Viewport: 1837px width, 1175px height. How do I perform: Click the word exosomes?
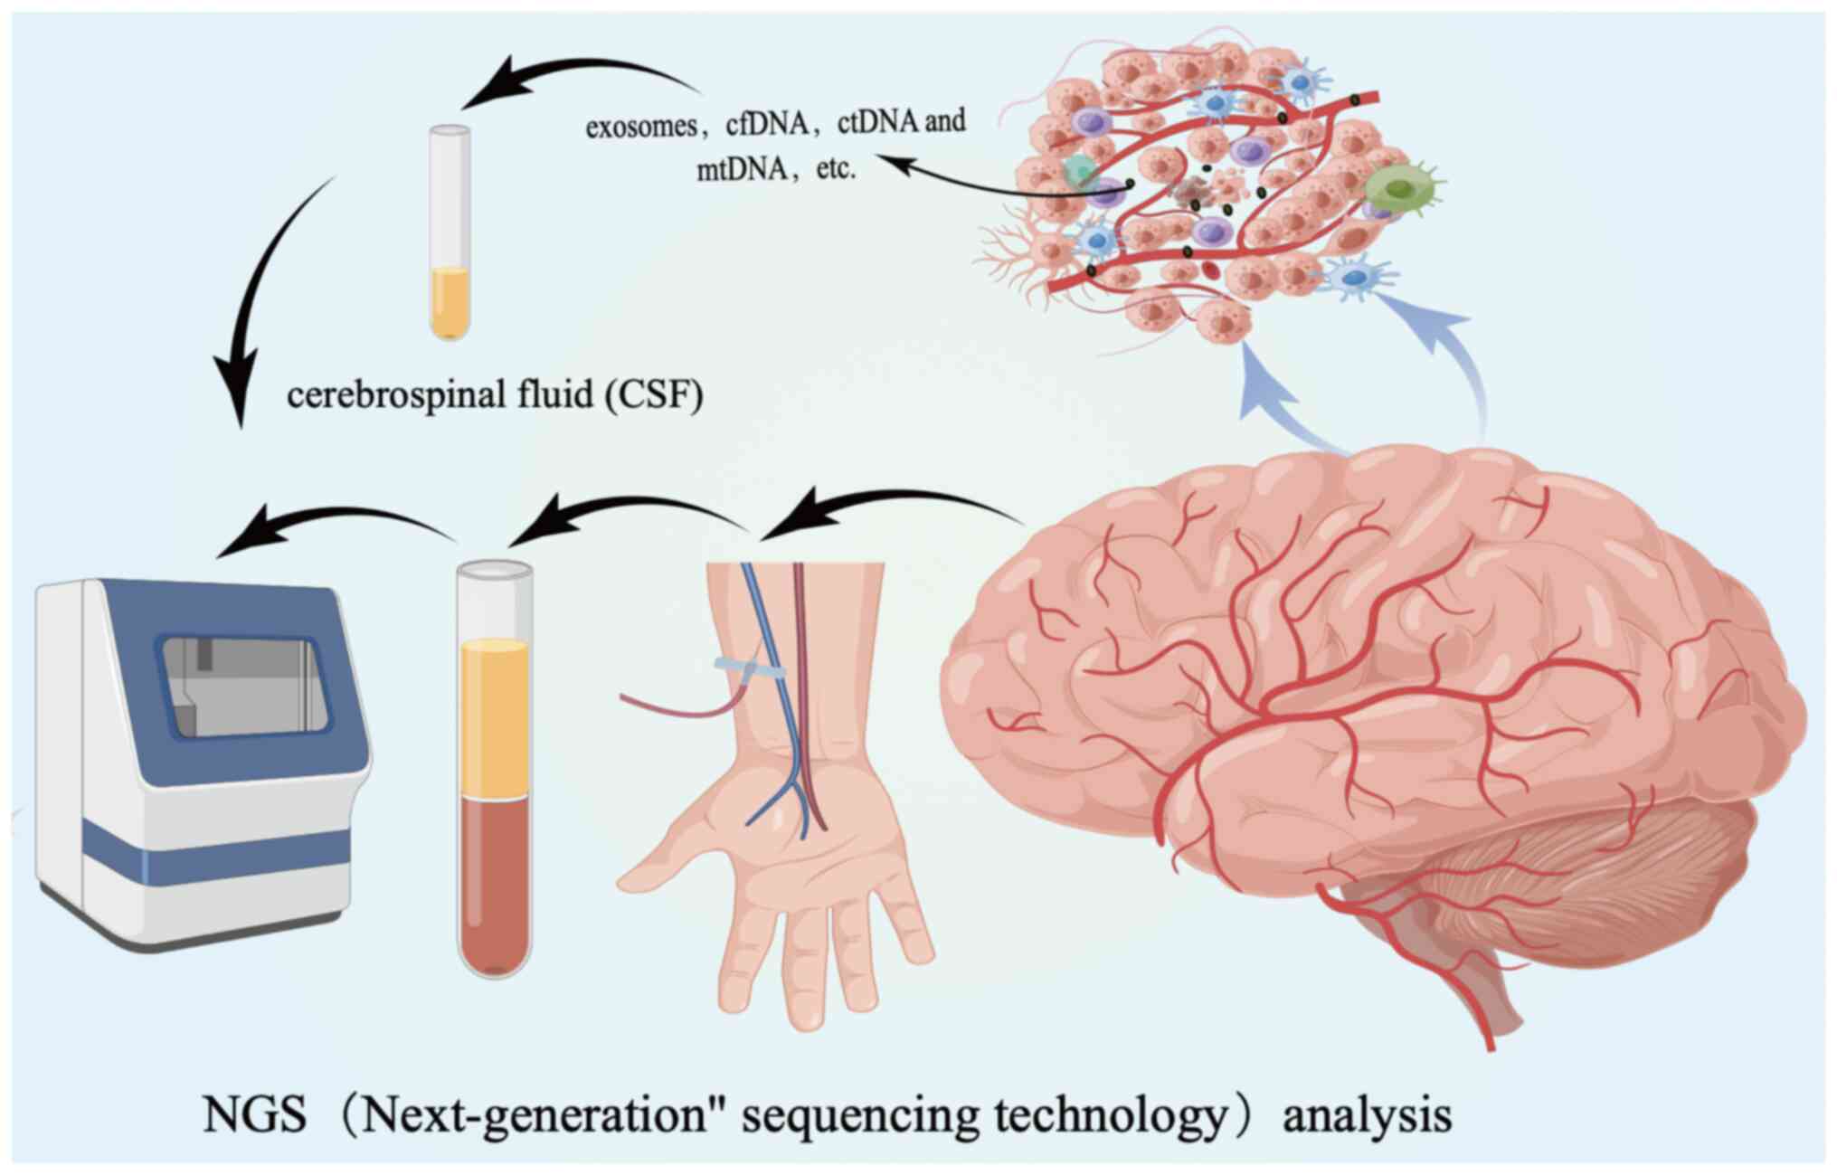(x=640, y=128)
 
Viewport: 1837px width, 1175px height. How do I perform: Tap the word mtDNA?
(x=742, y=170)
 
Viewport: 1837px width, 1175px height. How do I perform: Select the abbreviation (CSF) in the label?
(x=656, y=395)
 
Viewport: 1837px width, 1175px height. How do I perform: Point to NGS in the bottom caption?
(x=255, y=1114)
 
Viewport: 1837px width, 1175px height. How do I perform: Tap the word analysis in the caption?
(x=1367, y=1114)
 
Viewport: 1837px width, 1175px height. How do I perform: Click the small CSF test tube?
(x=450, y=231)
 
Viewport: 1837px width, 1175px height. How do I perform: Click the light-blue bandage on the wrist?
(x=749, y=670)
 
